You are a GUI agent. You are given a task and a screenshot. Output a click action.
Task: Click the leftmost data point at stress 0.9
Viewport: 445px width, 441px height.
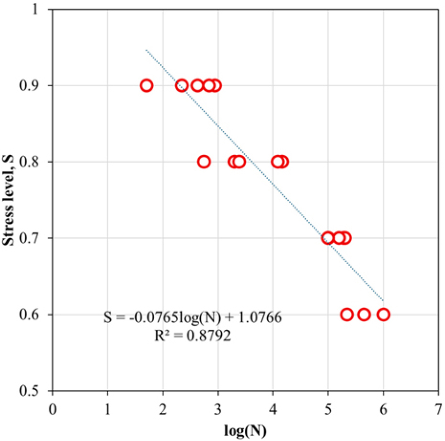click(146, 85)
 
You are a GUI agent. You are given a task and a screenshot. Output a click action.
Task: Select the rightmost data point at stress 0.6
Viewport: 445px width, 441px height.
click(383, 315)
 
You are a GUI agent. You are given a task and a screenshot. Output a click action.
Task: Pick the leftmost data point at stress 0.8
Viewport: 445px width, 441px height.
click(204, 162)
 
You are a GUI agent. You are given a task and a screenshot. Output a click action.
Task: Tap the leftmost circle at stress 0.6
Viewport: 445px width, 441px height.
click(347, 315)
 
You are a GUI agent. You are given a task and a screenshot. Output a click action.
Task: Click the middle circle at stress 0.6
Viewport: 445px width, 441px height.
click(364, 315)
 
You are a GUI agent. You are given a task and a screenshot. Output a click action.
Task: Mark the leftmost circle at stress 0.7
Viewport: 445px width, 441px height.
click(328, 238)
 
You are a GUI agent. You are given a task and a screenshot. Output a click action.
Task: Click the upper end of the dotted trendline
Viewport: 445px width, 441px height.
click(146, 50)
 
